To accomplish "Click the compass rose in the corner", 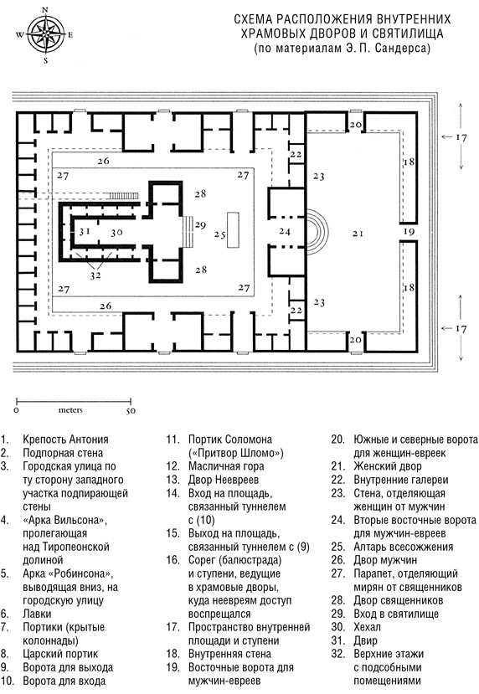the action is click(46, 34).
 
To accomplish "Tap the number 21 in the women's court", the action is click(358, 233).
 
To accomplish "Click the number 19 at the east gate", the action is click(409, 232).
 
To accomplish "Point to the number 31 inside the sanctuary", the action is click(85, 232).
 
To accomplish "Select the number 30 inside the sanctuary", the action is click(116, 233).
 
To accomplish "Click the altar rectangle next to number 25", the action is click(233, 229).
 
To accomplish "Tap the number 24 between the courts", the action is click(285, 231).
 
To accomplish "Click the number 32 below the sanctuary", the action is click(95, 275).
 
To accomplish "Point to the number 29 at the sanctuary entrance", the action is click(200, 225).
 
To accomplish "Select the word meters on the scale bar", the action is click(70, 410).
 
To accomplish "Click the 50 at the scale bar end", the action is click(131, 411).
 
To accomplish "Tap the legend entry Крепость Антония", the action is click(65, 440).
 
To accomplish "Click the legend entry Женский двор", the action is click(388, 466).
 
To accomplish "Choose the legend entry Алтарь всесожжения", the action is click(403, 547).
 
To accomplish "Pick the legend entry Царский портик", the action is click(60, 654).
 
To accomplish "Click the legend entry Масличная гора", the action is click(226, 466).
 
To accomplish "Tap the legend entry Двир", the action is click(365, 640).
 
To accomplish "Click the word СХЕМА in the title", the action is click(250, 19).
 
